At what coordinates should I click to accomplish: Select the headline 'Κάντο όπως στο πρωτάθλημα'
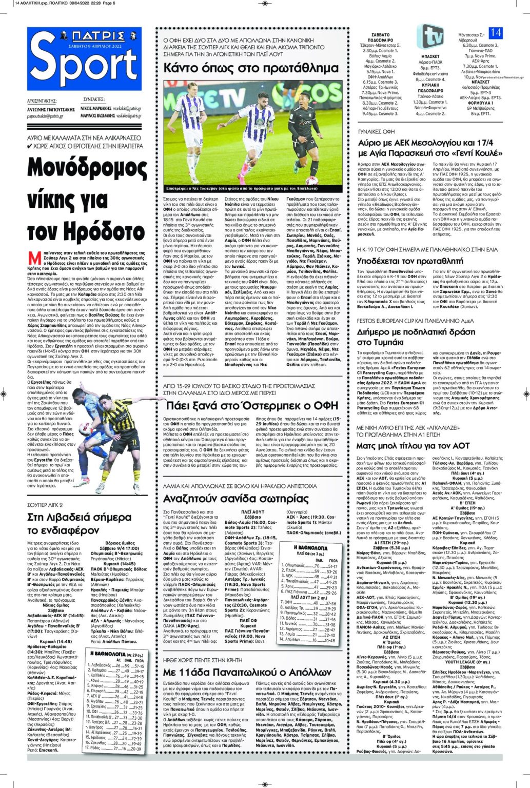tap(251, 67)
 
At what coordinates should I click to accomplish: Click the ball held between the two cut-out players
tap(84, 429)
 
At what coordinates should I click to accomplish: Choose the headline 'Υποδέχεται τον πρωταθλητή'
tap(414, 261)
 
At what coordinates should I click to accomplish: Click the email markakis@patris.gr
tap(127, 109)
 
